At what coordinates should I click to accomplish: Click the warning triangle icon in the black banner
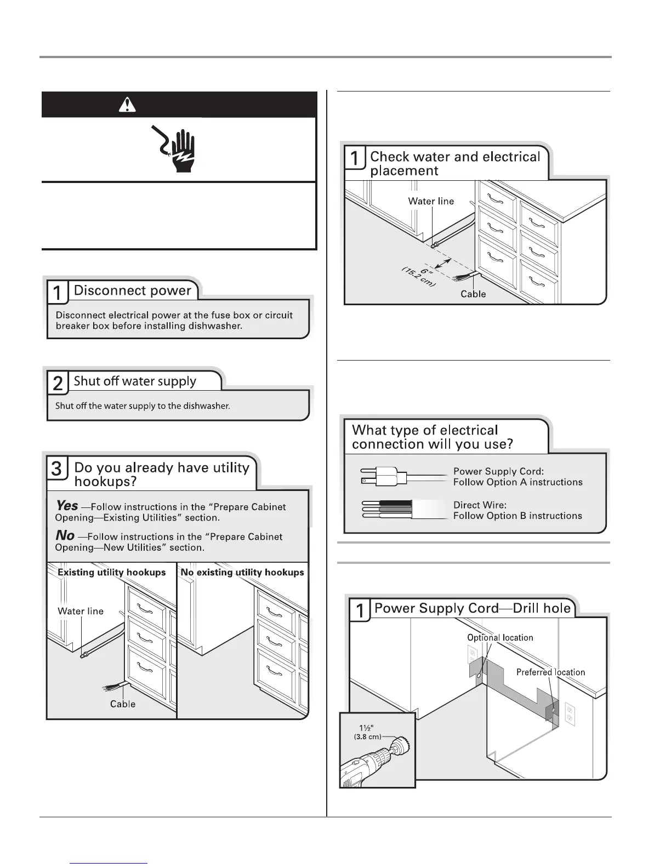pos(127,105)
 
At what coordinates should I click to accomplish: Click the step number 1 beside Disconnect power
pos(58,293)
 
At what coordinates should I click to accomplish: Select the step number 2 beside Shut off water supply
pos(58,383)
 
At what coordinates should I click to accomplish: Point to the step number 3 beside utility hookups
pos(57,470)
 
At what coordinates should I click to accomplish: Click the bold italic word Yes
pos(67,505)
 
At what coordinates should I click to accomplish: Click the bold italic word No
pos(65,535)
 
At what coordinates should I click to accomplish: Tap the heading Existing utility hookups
pos(112,572)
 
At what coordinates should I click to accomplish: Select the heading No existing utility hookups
pos(242,572)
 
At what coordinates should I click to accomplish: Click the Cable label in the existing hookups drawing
pos(123,704)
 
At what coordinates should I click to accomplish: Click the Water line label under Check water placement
pos(431,201)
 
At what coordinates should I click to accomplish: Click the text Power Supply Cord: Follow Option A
pos(518,477)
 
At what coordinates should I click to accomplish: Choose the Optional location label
pos(500,638)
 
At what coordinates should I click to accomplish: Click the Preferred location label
pos(550,672)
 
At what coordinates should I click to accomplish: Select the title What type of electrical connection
pos(432,437)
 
